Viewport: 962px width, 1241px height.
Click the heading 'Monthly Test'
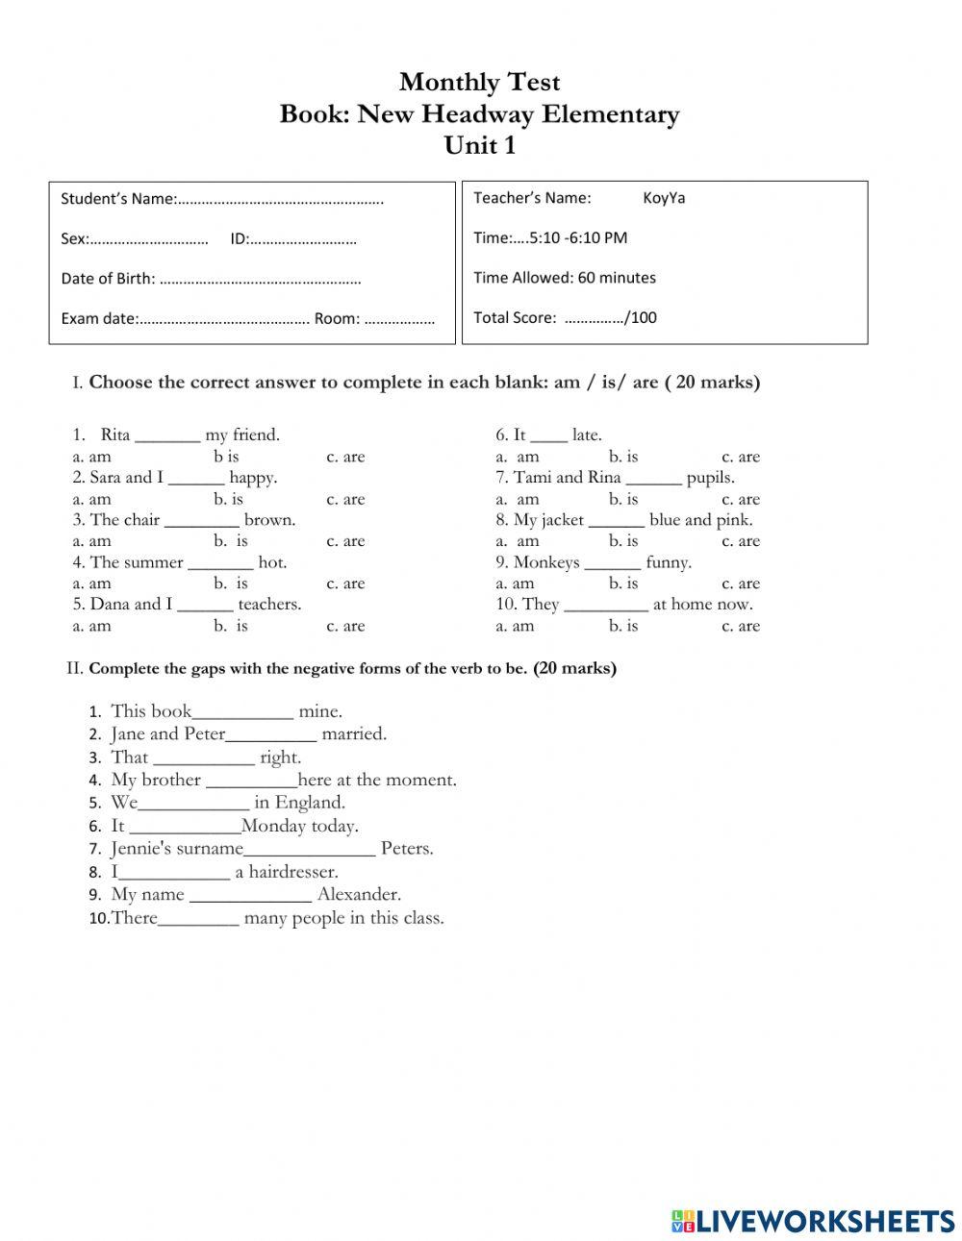pos(479,82)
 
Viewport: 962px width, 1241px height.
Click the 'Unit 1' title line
pos(479,145)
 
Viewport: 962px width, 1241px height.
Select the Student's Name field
pos(280,200)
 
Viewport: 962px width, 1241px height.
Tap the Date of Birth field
pos(259,280)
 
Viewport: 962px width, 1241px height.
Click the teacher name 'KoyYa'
pos(664,198)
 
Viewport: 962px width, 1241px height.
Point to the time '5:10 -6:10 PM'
pos(577,237)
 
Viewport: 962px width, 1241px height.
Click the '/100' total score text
pos(641,317)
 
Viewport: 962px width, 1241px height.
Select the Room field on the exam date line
pos(399,319)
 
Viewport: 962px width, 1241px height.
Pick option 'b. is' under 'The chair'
pos(230,541)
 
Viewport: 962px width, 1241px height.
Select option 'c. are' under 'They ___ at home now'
pos(741,626)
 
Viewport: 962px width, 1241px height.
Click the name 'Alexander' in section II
pos(359,894)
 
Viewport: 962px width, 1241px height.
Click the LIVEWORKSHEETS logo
pos(813,1221)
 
